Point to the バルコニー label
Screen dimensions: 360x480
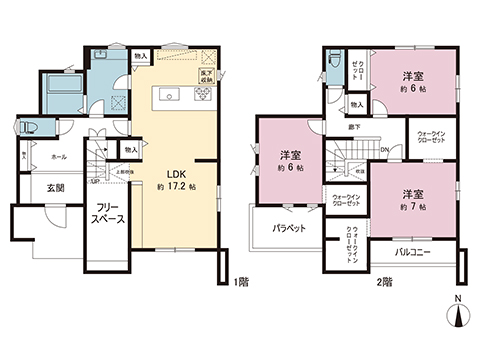[x=412, y=252]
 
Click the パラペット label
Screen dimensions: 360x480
[x=289, y=229]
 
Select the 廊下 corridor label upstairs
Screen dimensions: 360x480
[x=354, y=128]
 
